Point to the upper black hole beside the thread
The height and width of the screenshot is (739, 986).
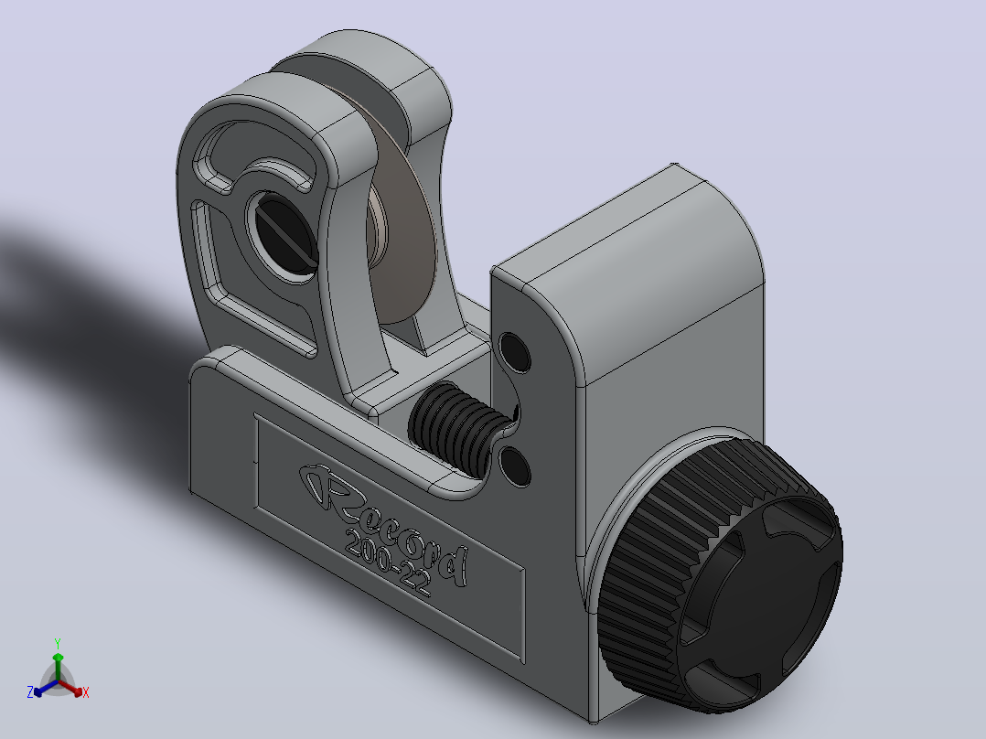514,353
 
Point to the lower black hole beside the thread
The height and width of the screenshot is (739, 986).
515,466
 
